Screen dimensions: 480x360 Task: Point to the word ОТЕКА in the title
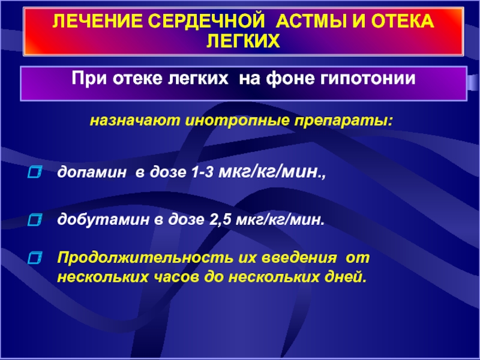tap(402, 22)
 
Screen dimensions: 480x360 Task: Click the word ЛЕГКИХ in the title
tap(244, 41)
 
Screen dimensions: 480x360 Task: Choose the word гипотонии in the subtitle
tap(368, 79)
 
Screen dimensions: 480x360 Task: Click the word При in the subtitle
tap(89, 79)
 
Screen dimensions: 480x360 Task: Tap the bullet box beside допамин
tap(35, 172)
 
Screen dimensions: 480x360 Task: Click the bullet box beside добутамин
tap(35, 220)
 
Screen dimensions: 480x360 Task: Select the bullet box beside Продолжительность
tap(35, 258)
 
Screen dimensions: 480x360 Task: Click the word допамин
tap(92, 173)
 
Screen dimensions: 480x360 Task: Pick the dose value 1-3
tap(202, 173)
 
